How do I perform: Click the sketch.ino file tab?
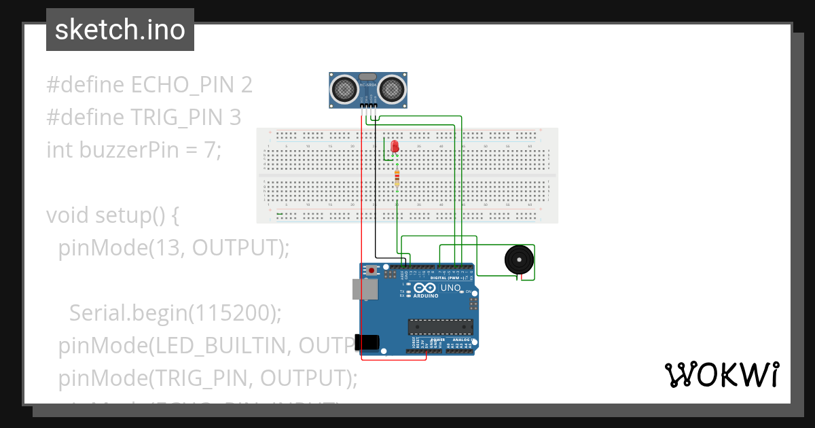[120, 30]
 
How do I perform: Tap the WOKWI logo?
[721, 374]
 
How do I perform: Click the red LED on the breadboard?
[395, 145]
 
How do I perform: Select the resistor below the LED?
[397, 179]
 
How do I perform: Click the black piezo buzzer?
[519, 260]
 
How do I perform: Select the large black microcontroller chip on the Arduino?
[439, 327]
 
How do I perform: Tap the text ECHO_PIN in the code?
[181, 85]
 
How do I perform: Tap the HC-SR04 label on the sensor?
[368, 84]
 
